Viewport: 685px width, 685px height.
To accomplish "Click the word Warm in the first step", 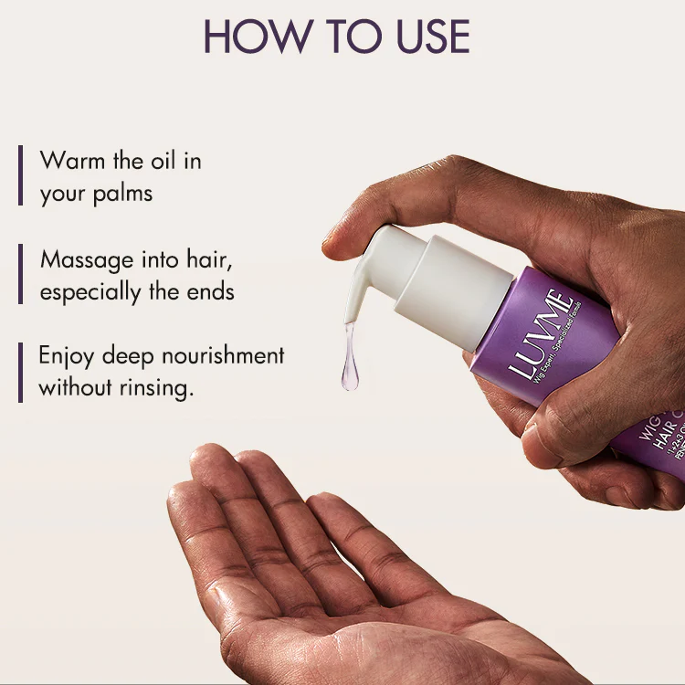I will pos(72,161).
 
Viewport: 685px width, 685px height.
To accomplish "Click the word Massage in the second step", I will pos(84,260).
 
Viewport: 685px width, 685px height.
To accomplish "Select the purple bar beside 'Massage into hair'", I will pos(20,273).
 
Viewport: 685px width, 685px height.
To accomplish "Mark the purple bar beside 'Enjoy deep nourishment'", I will pos(20,371).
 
